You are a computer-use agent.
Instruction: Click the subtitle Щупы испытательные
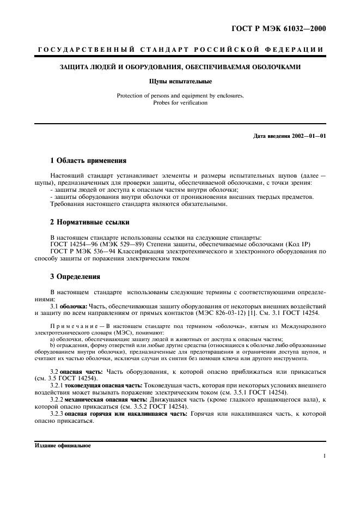coord(180,81)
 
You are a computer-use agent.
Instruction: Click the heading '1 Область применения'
coord(88,161)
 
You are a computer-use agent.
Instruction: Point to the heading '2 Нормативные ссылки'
coord(89,223)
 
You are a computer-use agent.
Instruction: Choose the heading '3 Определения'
coord(74,276)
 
